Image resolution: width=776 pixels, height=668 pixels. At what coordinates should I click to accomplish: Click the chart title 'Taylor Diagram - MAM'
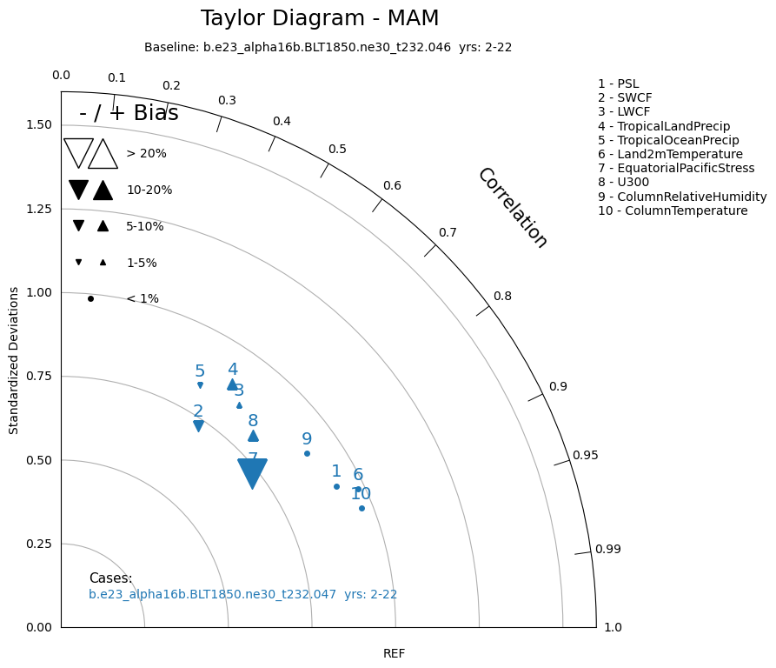click(320, 18)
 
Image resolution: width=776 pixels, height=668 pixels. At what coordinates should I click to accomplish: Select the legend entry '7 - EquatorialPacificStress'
click(676, 168)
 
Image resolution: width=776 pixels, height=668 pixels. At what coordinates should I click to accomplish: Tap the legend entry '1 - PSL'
click(618, 83)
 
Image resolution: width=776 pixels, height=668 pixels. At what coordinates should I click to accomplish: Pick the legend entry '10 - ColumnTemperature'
click(673, 210)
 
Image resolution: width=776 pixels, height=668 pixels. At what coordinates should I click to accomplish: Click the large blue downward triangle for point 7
click(252, 472)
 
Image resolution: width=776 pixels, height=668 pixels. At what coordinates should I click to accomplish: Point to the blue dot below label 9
click(307, 453)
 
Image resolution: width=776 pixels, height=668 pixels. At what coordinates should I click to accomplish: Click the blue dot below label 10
click(361, 508)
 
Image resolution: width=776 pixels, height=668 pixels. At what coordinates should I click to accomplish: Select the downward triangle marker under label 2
click(198, 426)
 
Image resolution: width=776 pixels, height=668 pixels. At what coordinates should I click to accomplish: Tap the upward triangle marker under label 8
click(253, 436)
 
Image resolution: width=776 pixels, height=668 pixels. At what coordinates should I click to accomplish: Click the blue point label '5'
click(200, 371)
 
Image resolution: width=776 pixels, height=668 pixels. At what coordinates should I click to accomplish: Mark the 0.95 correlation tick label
click(585, 455)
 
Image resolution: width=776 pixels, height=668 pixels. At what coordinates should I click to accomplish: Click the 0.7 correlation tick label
click(448, 232)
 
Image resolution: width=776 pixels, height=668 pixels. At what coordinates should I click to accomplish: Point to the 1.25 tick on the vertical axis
click(38, 209)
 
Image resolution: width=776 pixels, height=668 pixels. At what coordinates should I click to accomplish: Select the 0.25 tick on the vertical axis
click(38, 544)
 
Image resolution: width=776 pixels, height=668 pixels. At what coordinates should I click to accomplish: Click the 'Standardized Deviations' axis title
click(14, 359)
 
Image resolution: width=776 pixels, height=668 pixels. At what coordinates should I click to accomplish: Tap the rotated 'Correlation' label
click(513, 208)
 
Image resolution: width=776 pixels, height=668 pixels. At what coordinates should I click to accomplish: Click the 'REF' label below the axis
click(394, 653)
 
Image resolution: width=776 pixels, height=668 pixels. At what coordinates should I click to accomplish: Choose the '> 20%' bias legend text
click(146, 154)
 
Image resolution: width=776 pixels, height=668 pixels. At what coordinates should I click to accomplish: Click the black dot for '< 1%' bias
click(90, 298)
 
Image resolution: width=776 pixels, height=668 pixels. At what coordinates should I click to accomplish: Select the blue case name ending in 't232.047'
click(242, 595)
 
